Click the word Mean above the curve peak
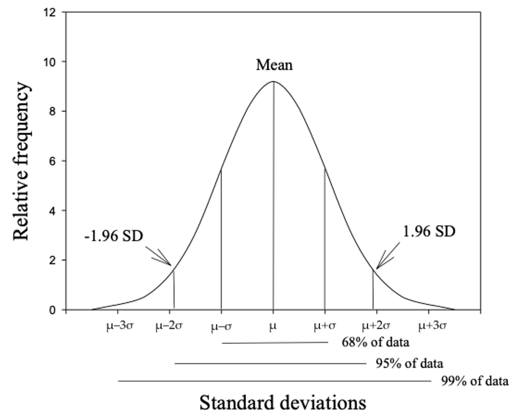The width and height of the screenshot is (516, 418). (x=274, y=65)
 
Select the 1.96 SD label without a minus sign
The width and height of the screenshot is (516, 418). (x=429, y=232)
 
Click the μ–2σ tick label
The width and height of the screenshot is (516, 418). (x=170, y=326)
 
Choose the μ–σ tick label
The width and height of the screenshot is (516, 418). (x=221, y=327)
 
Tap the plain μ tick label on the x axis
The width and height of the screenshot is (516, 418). (x=273, y=327)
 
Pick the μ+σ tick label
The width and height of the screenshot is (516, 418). (x=325, y=327)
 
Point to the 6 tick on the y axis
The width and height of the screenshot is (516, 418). (x=52, y=161)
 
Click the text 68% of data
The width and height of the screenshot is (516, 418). (x=372, y=342)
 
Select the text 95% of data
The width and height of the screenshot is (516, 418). (x=405, y=364)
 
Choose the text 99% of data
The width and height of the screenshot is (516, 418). (x=470, y=381)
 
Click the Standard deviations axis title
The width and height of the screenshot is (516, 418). (x=283, y=402)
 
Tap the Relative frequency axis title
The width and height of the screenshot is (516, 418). (x=21, y=161)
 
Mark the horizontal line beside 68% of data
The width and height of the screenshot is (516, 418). (x=275, y=343)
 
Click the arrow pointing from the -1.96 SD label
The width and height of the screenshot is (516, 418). (x=158, y=255)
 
